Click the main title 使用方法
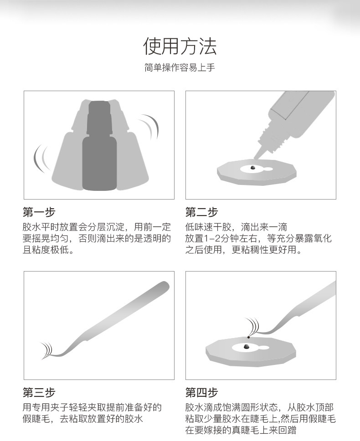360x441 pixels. [x=180, y=46]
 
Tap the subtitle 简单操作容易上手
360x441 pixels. [x=180, y=67]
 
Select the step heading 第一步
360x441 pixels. [x=39, y=212]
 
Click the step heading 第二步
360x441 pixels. [x=201, y=212]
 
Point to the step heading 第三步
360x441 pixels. [x=39, y=392]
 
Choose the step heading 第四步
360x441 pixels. [x=201, y=392]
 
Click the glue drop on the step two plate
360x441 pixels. [x=252, y=167]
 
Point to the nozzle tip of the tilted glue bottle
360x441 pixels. [x=255, y=158]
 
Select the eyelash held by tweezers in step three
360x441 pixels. [x=46, y=350]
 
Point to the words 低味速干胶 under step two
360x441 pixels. [x=208, y=227]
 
